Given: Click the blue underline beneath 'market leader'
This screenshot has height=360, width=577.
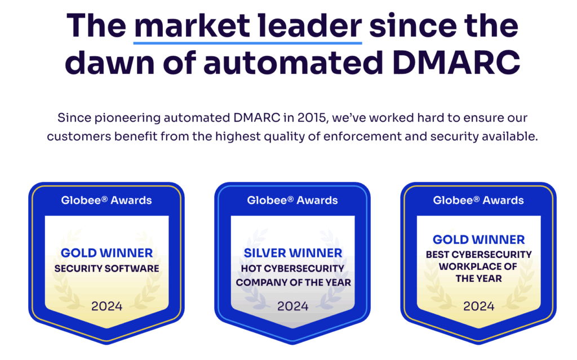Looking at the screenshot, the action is [x=248, y=43].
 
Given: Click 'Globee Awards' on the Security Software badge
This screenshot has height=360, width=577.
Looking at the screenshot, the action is [x=106, y=200].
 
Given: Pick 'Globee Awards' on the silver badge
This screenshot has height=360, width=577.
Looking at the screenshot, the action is [x=292, y=200].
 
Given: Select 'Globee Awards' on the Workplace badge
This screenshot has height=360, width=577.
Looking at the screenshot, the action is [x=478, y=200].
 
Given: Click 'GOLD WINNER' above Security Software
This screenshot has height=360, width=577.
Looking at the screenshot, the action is [x=106, y=253].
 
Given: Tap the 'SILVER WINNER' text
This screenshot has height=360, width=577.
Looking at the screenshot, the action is [x=293, y=253].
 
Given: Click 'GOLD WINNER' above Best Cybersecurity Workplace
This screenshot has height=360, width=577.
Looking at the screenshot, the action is [x=479, y=239].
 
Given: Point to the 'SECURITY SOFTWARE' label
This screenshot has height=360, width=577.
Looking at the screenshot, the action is [x=106, y=269].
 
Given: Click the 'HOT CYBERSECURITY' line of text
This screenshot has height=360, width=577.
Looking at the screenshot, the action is [x=292, y=269].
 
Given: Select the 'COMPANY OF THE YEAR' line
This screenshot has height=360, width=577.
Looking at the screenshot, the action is [x=293, y=282].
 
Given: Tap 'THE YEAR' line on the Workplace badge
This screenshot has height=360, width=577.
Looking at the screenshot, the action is [x=479, y=279].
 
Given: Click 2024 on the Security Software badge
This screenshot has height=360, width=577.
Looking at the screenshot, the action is [x=106, y=306].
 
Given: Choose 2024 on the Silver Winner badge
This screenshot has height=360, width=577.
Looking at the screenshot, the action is [x=293, y=306].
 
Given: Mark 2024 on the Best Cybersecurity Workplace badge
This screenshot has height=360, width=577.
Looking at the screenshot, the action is [x=479, y=306].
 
